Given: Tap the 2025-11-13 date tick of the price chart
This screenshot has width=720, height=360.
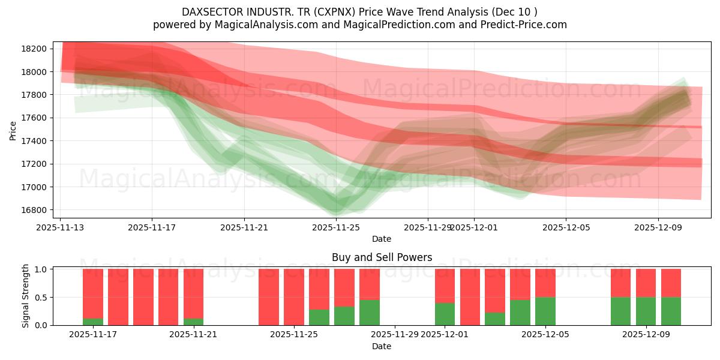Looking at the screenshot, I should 60,228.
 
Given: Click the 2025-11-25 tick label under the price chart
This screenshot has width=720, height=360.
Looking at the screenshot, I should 336,228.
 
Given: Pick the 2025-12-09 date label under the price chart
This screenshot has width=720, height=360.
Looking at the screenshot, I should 658,228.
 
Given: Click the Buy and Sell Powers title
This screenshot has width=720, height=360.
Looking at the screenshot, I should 382,257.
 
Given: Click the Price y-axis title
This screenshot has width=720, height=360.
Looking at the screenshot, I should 13,130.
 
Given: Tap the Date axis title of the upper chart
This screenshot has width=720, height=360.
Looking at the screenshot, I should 382,239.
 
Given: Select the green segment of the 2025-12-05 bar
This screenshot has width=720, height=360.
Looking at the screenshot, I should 545,311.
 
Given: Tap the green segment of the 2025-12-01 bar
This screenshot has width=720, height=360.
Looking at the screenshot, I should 445,314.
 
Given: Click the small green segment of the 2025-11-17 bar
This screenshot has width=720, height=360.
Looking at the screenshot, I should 93,322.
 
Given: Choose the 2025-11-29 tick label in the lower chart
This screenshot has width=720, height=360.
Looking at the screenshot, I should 394,335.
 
